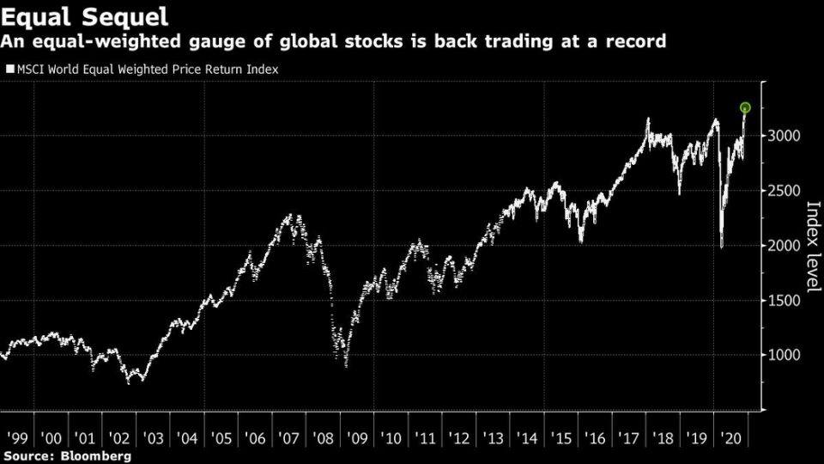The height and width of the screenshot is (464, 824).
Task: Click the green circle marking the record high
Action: coord(745,107)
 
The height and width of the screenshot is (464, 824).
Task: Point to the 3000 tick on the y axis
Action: coord(785,136)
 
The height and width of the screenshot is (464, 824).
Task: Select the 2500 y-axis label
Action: coord(785,191)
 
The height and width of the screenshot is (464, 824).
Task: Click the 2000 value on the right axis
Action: coord(785,246)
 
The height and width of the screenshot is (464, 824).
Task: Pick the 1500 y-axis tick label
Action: coord(785,301)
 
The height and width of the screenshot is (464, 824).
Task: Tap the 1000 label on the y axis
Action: coord(785,355)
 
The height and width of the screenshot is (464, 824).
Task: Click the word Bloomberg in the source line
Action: coord(96,456)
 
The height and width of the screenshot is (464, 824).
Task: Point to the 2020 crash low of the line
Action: coord(722,247)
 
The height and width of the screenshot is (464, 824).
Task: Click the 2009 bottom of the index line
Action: coord(346,365)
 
